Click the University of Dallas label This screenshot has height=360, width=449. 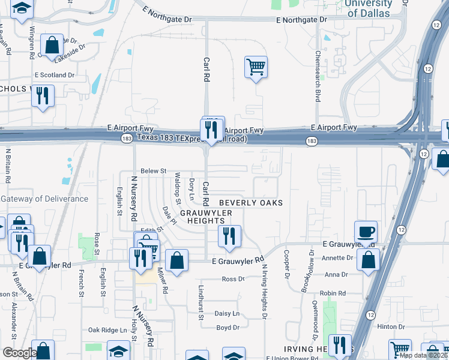tap(369, 8)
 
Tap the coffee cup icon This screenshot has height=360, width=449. tap(366, 232)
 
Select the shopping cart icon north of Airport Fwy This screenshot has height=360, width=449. tap(256, 67)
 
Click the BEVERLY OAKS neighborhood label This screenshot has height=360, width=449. tap(250, 203)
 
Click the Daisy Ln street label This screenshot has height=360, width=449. tap(227, 314)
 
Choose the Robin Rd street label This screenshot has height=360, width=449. tap(333, 293)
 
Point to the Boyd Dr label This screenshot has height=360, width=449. tap(228, 328)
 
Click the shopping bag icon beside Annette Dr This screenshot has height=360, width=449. tap(368, 260)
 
